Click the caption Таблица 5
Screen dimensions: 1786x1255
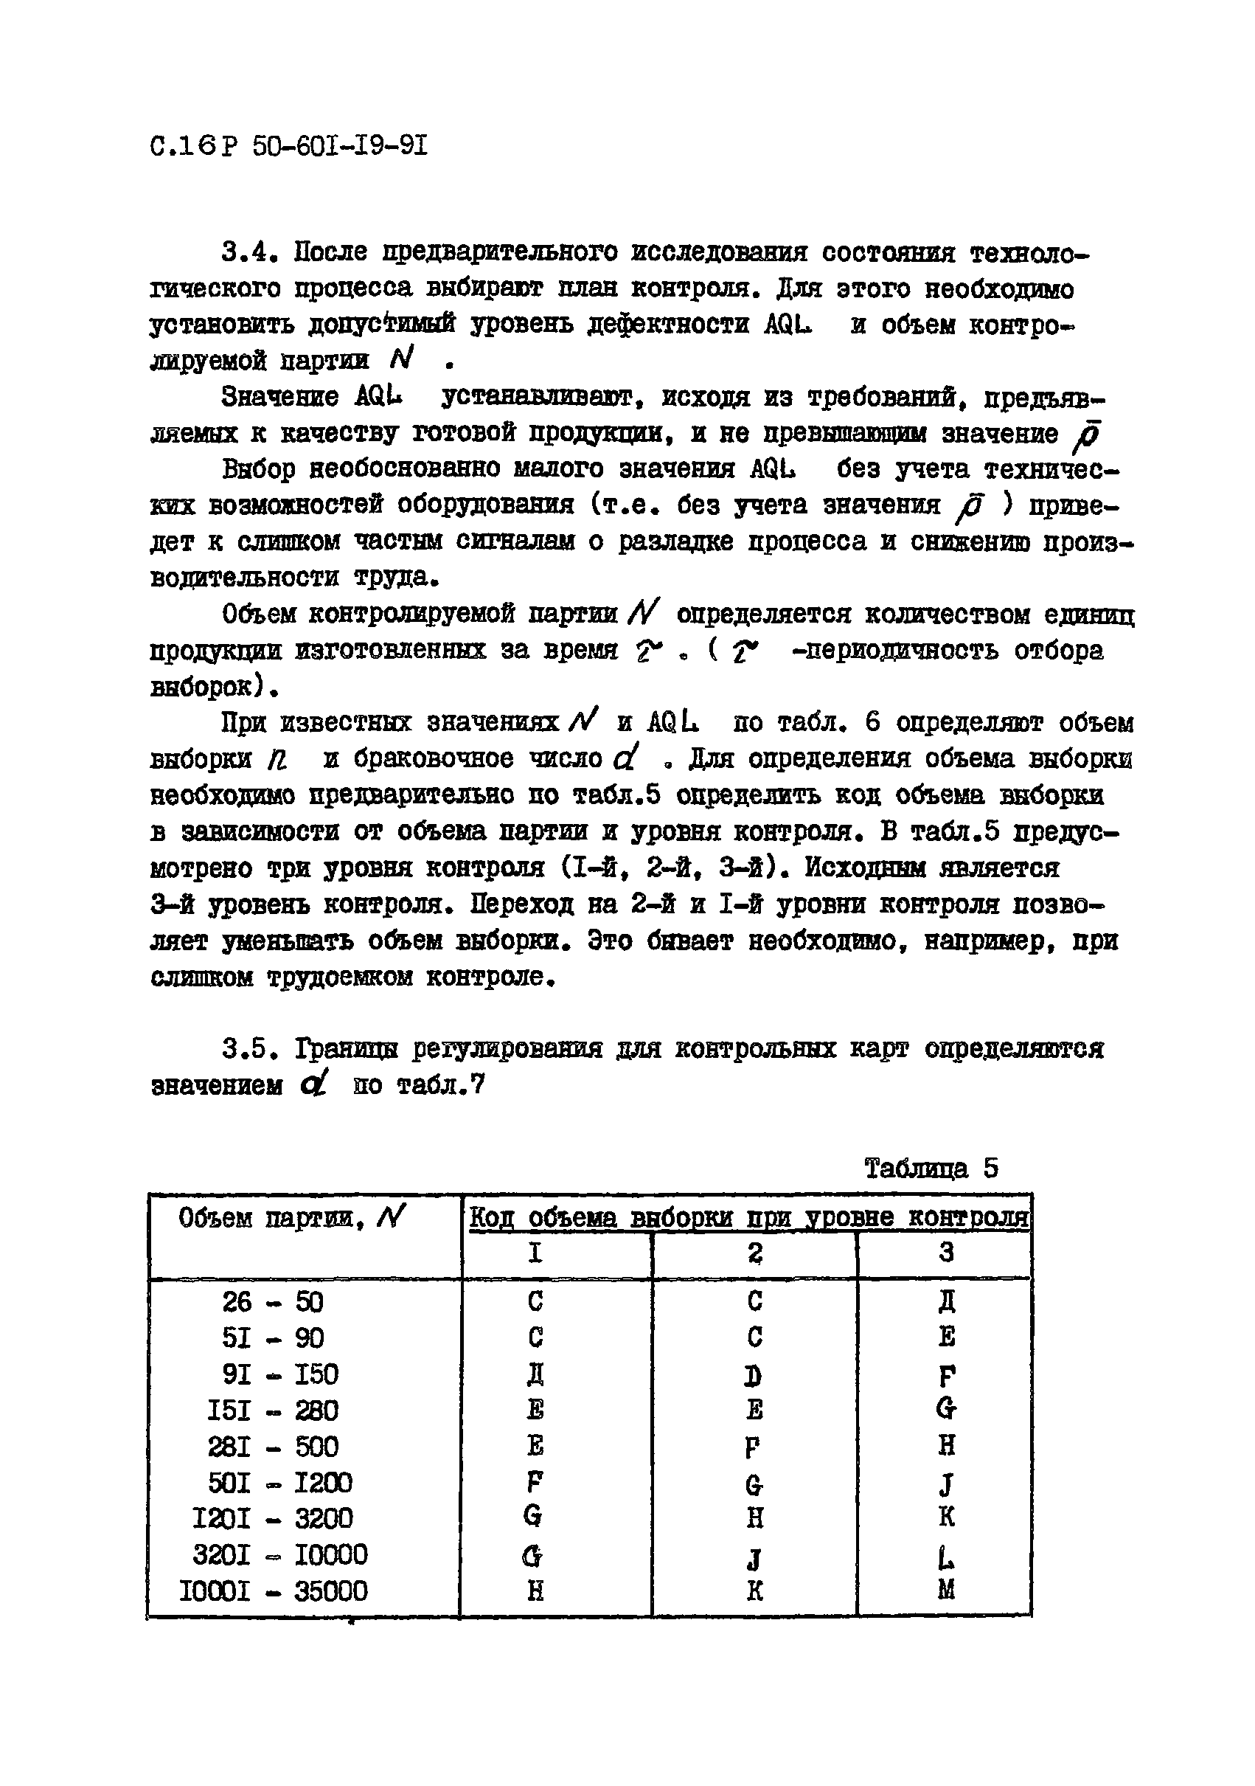pos(931,1169)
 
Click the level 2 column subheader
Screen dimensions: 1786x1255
pos(754,1253)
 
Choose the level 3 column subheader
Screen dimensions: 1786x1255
pos(945,1253)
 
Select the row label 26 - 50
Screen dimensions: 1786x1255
pos(272,1302)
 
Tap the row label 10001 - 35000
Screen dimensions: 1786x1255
pos(273,1591)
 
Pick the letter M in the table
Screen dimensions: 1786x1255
pos(945,1590)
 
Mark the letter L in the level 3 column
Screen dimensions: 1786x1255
pos(945,1555)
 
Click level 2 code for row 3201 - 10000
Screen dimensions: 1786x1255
pos(754,1555)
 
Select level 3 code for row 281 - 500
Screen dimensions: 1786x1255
pos(945,1446)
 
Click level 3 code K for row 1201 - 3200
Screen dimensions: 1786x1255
pos(945,1517)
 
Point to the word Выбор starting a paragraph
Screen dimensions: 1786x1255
pos(259,469)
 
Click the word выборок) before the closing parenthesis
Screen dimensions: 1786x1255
pos(214,687)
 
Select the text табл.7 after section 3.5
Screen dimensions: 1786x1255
pos(441,1086)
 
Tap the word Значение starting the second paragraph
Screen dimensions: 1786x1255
pos(280,398)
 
